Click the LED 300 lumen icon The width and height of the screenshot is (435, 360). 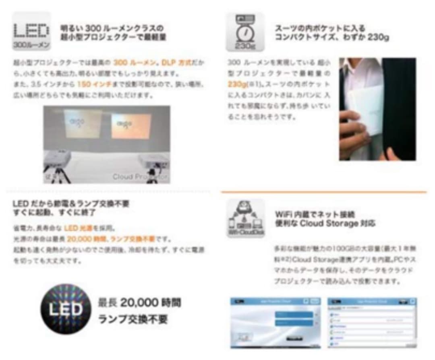(31, 31)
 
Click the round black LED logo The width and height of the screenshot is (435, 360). (65, 310)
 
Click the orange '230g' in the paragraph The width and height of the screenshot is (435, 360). (237, 85)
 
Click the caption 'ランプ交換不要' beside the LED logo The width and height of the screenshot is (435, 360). (133, 320)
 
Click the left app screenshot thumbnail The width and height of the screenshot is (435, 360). (275, 323)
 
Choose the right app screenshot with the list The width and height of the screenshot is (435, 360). (372, 323)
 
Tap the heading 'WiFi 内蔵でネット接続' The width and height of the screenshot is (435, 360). (315, 214)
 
